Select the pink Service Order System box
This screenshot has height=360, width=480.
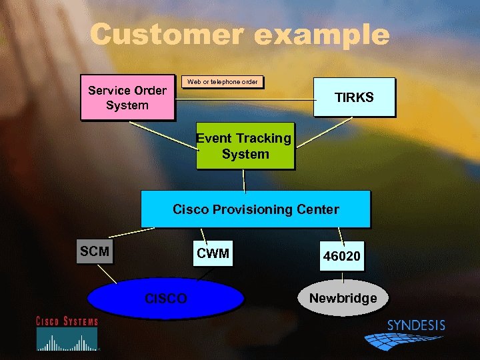tap(127, 98)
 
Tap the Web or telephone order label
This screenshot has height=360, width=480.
tap(223, 82)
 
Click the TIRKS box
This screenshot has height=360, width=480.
tap(354, 98)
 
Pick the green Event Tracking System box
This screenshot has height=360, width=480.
tap(244, 147)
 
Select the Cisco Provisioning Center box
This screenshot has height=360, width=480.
tap(255, 209)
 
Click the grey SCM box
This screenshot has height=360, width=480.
tap(94, 252)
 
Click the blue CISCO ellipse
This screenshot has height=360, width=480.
tap(166, 297)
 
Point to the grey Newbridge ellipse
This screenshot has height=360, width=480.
tap(342, 298)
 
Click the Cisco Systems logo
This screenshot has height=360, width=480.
tap(67, 333)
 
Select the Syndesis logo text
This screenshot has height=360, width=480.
tap(416, 325)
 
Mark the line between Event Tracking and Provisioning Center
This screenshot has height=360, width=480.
tap(245, 179)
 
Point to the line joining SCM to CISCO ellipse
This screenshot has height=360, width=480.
tap(106, 273)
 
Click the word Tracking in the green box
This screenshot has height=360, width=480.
tap(263, 139)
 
